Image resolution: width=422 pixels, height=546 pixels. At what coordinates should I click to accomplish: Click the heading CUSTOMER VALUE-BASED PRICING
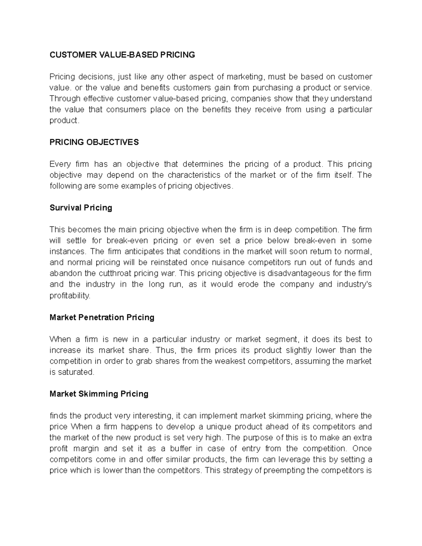[122, 55]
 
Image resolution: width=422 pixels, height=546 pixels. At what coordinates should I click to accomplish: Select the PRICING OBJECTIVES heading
[94, 142]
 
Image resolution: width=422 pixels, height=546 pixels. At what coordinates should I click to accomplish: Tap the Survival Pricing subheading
[81, 208]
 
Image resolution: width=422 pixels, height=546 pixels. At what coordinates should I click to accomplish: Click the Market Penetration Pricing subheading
[102, 317]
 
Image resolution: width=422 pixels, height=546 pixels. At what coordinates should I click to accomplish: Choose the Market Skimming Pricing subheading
[99, 394]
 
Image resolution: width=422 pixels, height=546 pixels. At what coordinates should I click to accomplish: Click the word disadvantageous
[295, 274]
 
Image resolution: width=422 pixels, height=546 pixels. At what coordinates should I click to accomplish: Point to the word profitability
[70, 296]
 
